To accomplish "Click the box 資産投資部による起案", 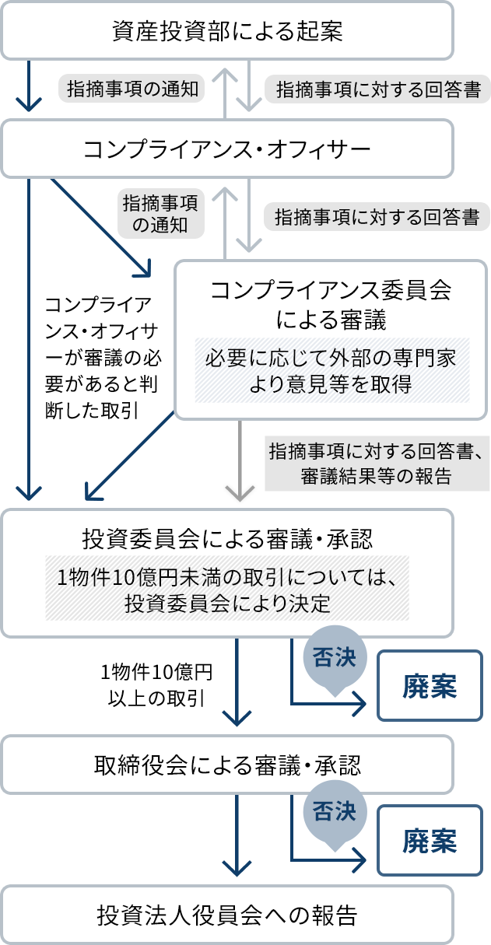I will point(227,31).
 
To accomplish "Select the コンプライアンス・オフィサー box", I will point(227,148).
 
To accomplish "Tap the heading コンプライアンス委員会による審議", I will point(331,303).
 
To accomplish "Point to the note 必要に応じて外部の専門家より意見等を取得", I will point(331,371).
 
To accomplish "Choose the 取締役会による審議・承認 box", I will point(227,765).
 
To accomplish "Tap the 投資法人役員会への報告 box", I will point(227,914).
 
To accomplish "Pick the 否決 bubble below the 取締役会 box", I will point(334,813).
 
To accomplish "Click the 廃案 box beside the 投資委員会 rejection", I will point(430,686).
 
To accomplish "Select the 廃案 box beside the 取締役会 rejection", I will point(430,841).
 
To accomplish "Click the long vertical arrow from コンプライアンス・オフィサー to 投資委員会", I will point(29,334).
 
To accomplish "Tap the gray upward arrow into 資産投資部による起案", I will point(225,89).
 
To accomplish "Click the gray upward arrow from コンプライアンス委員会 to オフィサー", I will point(225,218).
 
